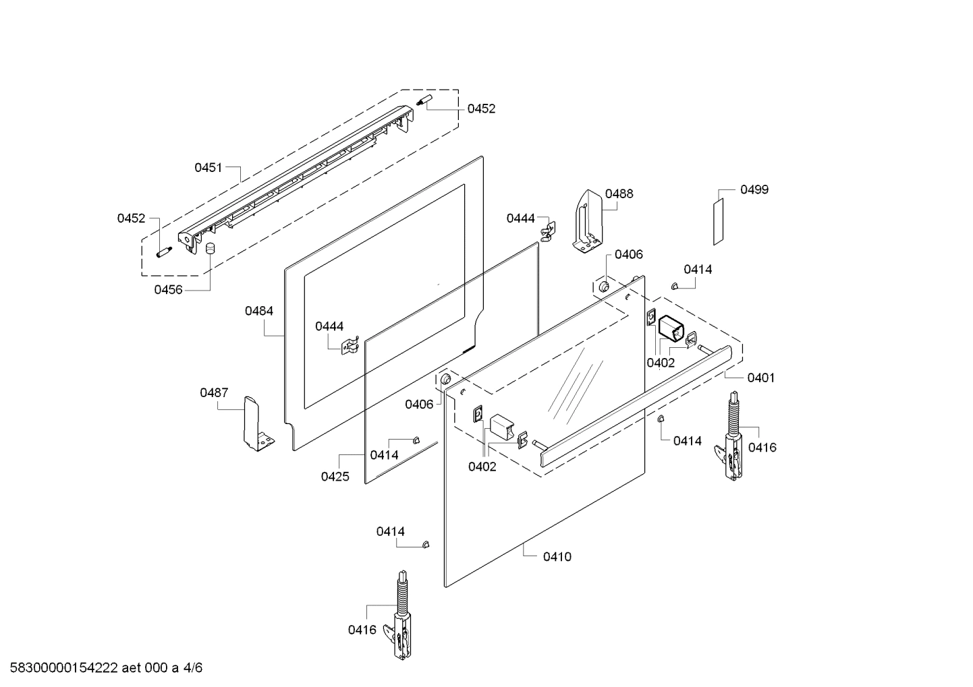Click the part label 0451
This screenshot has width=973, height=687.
click(x=208, y=168)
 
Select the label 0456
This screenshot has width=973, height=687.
click(x=168, y=290)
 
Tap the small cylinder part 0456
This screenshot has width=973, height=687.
click(x=210, y=248)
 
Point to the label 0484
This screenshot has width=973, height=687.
click(x=259, y=311)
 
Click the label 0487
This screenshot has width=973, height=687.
click(x=214, y=392)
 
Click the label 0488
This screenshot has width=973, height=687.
click(x=619, y=193)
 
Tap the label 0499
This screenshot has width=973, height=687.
click(x=754, y=189)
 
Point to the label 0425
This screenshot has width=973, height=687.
click(x=335, y=477)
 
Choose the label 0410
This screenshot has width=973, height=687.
click(x=557, y=557)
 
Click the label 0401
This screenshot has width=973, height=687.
click(x=760, y=378)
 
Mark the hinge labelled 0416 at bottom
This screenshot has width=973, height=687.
click(x=400, y=617)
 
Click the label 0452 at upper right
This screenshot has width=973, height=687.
click(x=481, y=109)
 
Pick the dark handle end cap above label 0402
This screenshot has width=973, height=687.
click(x=671, y=330)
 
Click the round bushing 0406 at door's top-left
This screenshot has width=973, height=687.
click(x=445, y=382)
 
